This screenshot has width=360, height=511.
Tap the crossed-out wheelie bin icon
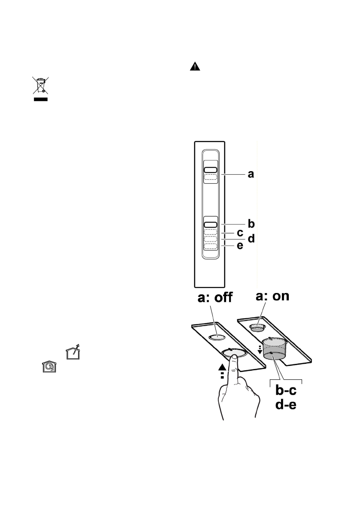click(x=41, y=85)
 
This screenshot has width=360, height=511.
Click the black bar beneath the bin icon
click(x=41, y=99)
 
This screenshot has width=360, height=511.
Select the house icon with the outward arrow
click(x=73, y=353)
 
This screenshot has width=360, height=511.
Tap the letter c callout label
click(x=240, y=232)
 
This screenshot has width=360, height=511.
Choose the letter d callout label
click(x=251, y=238)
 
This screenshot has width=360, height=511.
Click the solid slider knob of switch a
click(x=210, y=169)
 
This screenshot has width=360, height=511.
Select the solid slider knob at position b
click(x=210, y=224)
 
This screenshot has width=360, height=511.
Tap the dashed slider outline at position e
click(x=210, y=246)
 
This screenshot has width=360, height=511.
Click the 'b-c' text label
click(x=286, y=391)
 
